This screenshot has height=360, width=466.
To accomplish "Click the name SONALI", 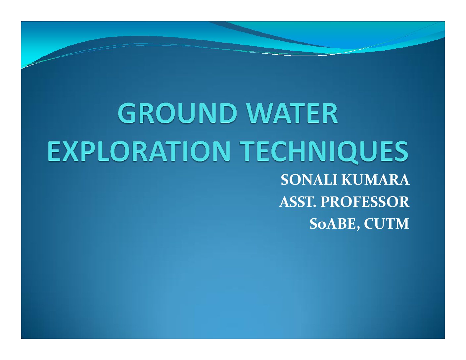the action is (x=309, y=180).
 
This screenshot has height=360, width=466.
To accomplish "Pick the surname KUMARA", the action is (x=375, y=180).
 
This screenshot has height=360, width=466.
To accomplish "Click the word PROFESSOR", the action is (x=365, y=202).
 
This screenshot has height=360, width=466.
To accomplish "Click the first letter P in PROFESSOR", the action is (x=326, y=202).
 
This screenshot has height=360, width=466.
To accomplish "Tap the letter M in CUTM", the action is (x=401, y=224).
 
